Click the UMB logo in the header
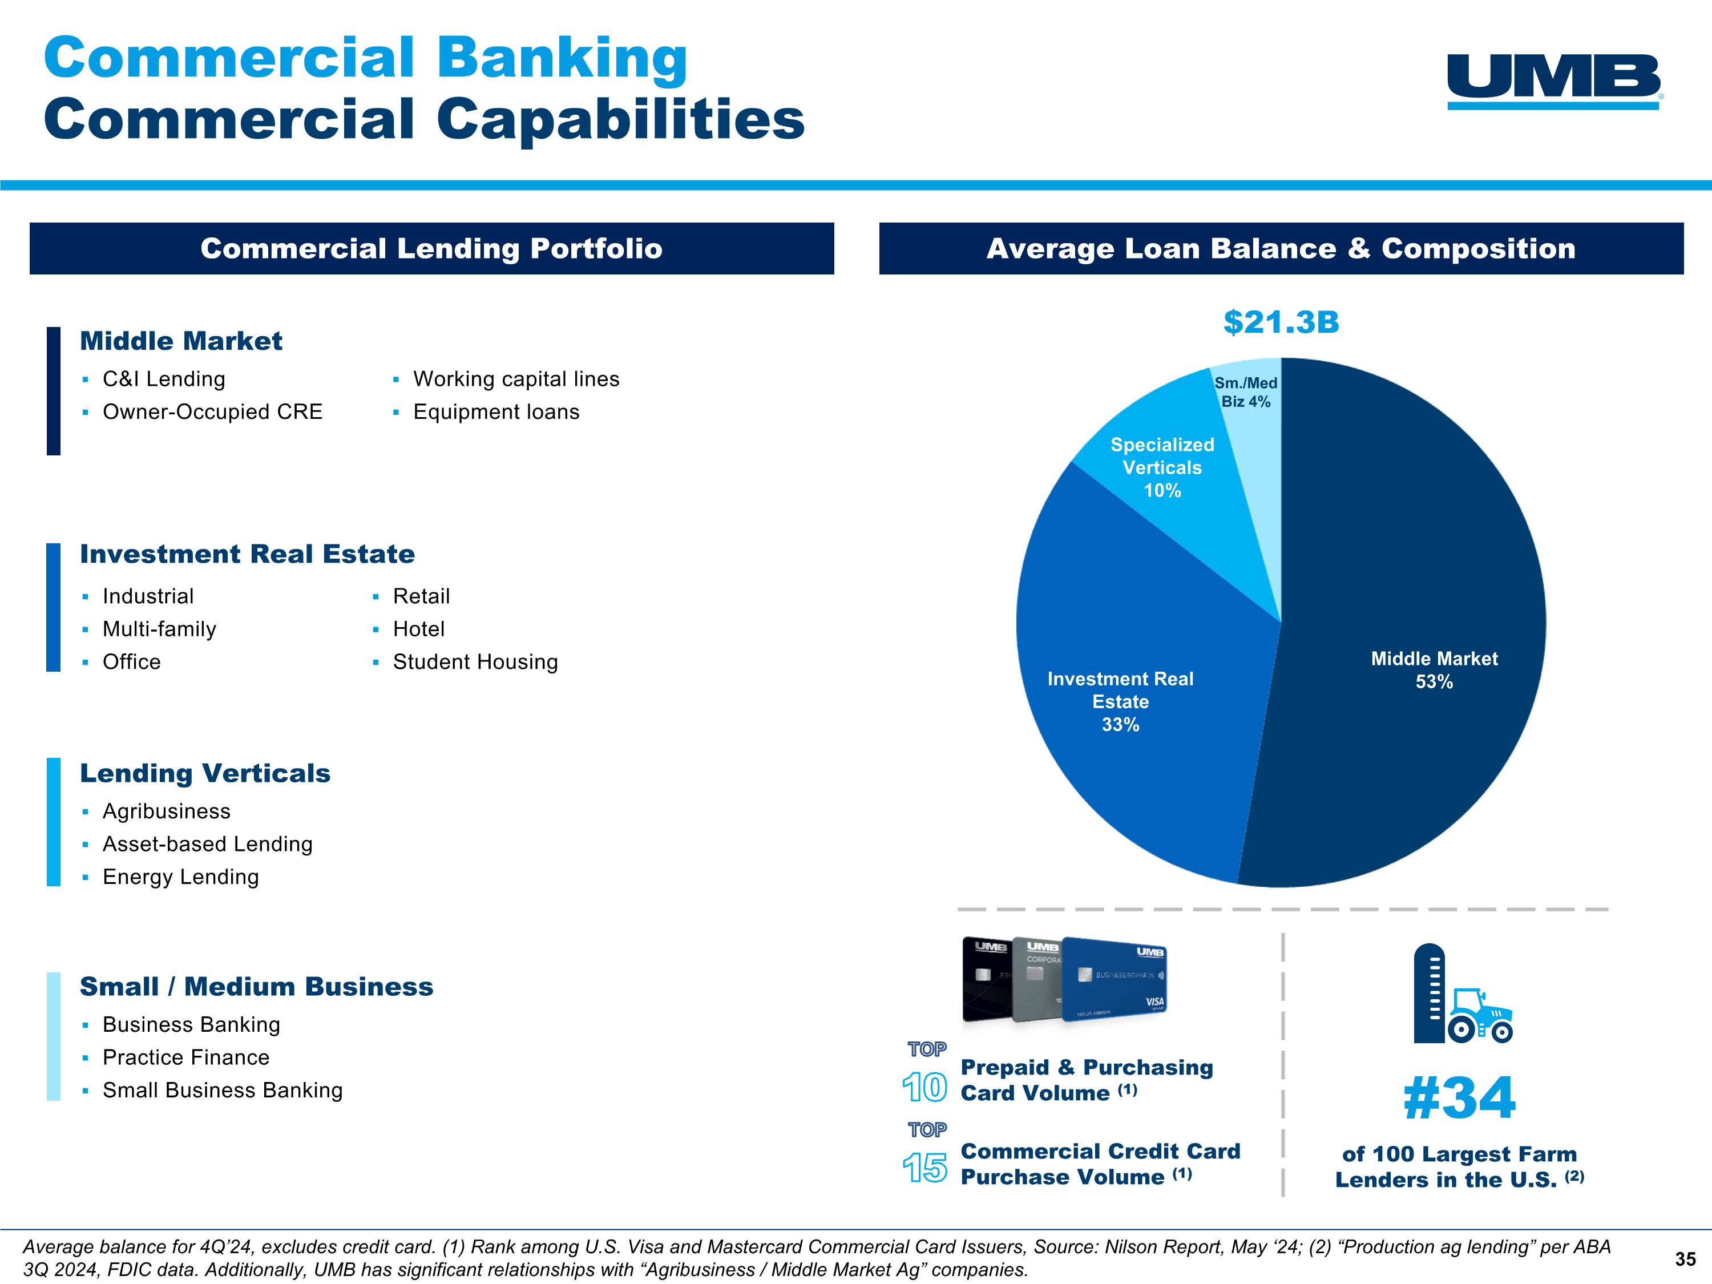coord(1554,80)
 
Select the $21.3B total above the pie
coord(1281,322)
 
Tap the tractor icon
coord(1480,1014)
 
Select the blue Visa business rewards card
coord(1115,979)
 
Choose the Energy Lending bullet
coord(180,877)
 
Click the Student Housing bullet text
coord(475,662)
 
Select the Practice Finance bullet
coord(185,1057)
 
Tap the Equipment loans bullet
coord(496,412)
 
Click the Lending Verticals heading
coord(205,773)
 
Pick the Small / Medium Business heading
coord(256,987)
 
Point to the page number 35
coord(1685,1259)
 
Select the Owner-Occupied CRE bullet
coord(212,412)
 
